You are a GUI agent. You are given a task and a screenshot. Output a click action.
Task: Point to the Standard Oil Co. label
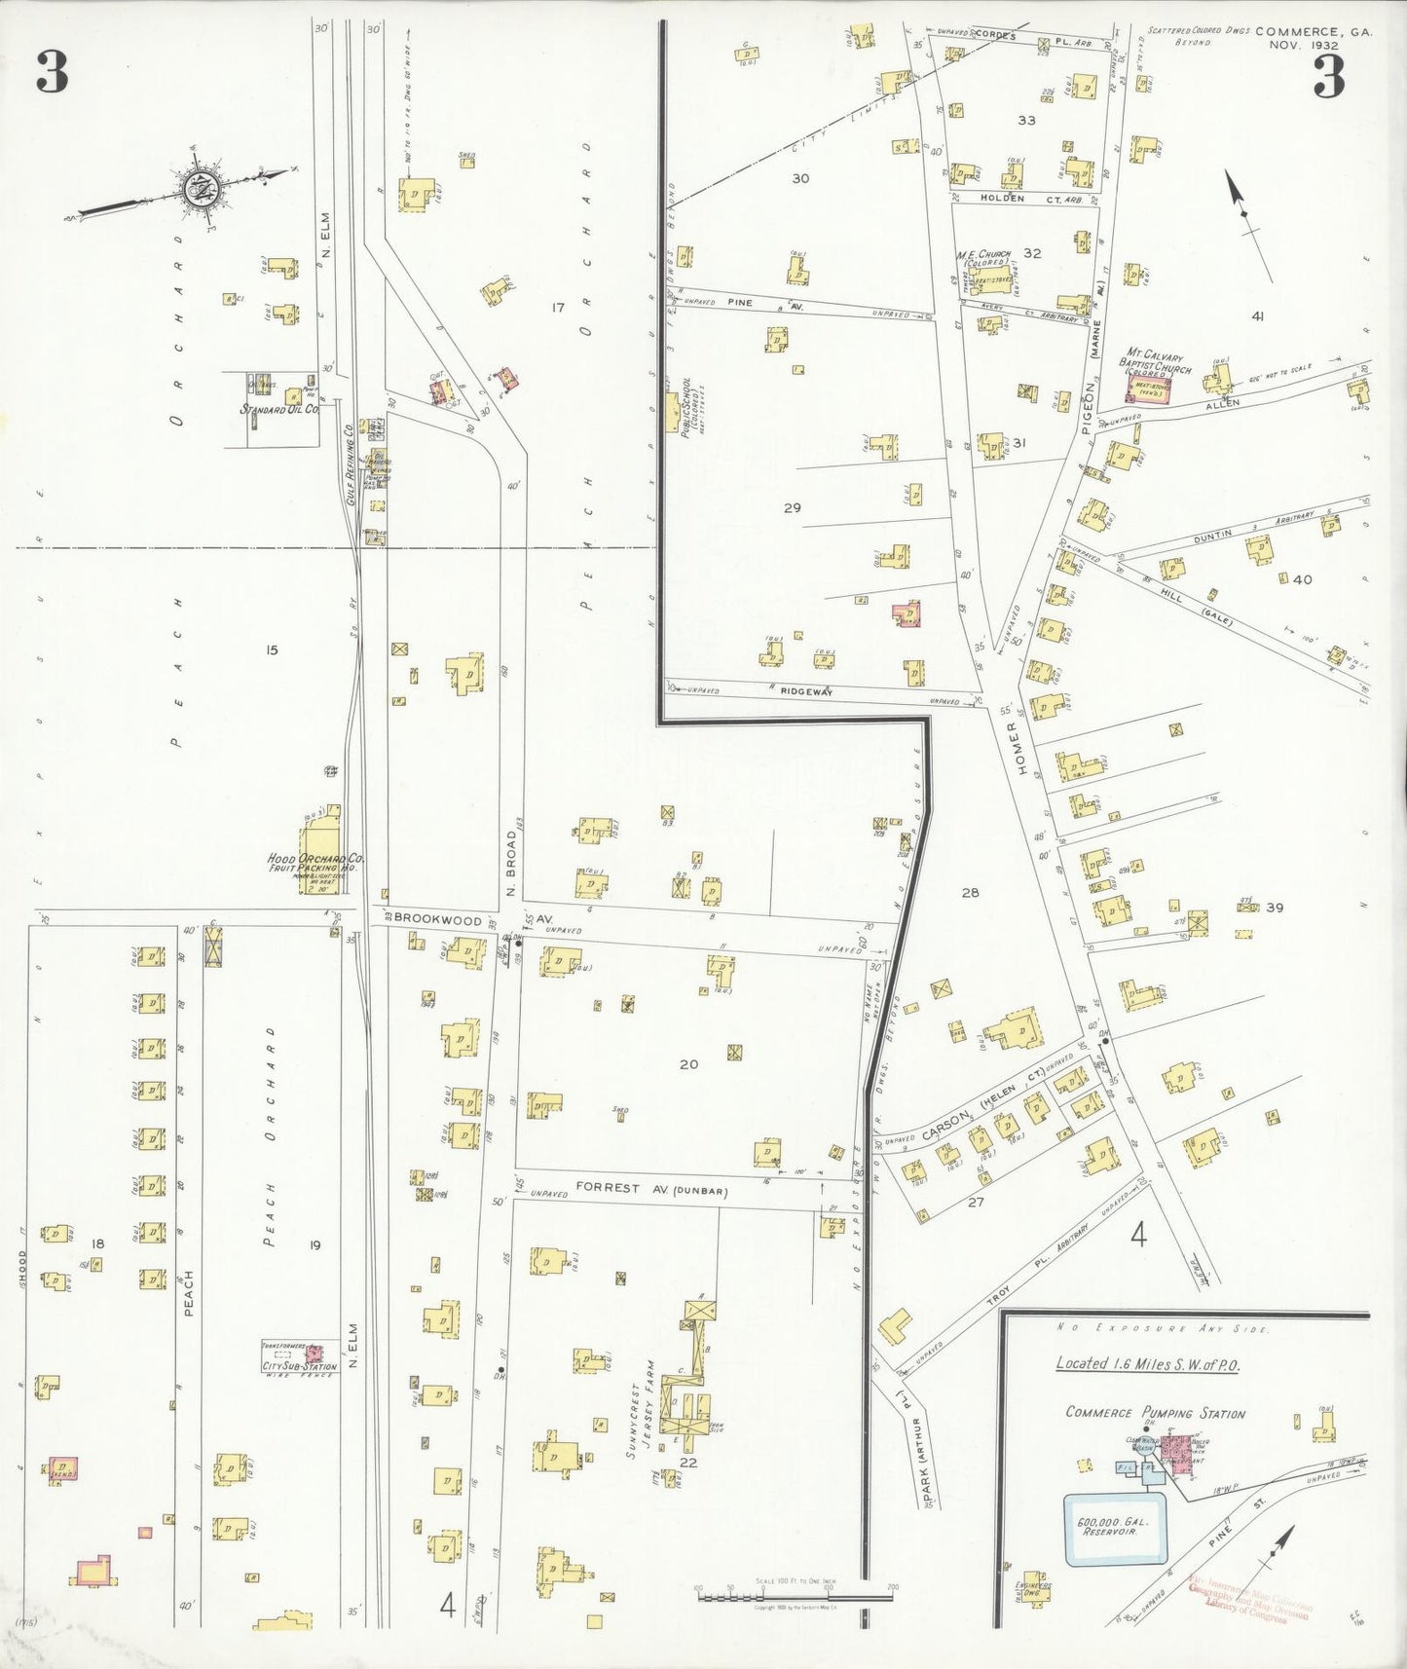click(x=279, y=410)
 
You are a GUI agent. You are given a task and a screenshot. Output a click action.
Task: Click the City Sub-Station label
click(x=299, y=1367)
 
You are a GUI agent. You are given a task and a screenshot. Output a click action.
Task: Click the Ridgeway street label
click(x=807, y=691)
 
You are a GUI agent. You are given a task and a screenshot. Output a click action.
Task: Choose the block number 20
click(x=688, y=1064)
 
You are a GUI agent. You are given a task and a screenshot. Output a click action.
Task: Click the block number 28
click(x=970, y=892)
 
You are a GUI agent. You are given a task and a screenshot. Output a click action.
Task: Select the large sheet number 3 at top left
click(x=53, y=73)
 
